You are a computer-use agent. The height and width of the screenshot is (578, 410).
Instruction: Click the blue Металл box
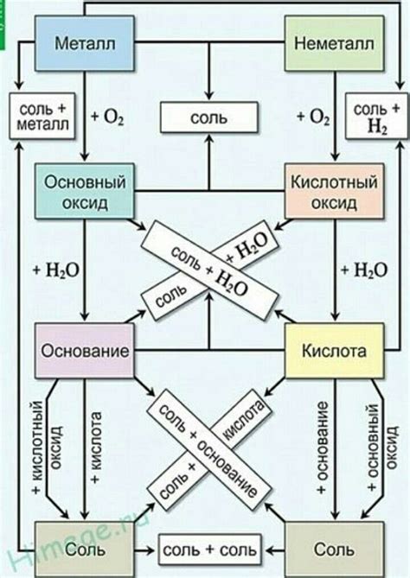[x=83, y=42]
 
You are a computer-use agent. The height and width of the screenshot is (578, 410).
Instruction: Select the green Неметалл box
[x=327, y=42]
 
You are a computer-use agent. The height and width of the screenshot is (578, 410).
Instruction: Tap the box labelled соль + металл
[x=42, y=117]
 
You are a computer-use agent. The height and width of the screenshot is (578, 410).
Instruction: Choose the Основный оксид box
[x=83, y=192]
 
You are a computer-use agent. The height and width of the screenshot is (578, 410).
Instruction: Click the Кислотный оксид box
[x=327, y=192]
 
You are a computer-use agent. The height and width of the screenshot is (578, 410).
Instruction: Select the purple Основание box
[x=83, y=353]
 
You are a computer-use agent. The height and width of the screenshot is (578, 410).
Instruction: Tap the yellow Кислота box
[x=332, y=353]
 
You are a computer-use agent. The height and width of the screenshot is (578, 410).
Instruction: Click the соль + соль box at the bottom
[x=207, y=549]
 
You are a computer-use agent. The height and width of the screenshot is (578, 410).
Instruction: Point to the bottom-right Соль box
[x=334, y=549]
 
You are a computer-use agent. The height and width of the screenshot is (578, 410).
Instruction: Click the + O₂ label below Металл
[x=111, y=117]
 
